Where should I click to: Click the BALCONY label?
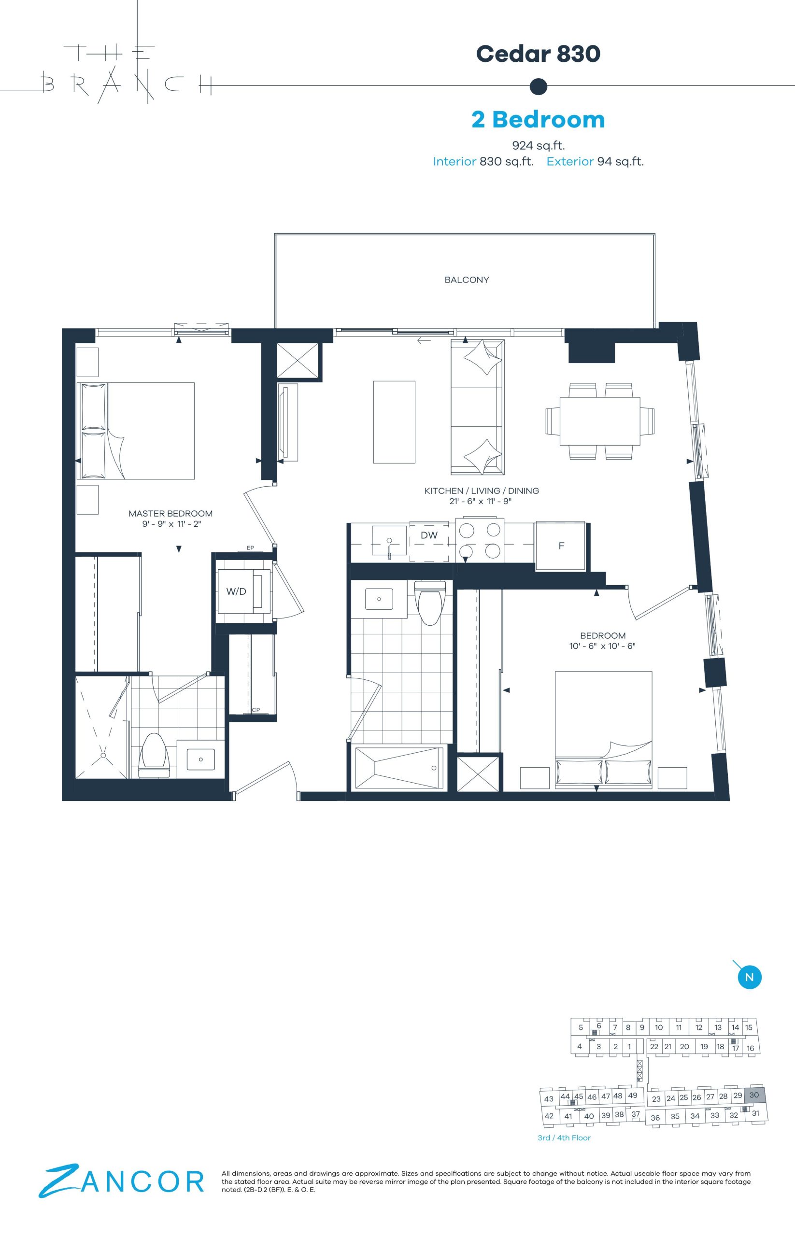pyautogui.click(x=467, y=280)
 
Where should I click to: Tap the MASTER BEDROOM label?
pyautogui.click(x=170, y=514)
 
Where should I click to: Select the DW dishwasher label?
pyautogui.click(x=429, y=535)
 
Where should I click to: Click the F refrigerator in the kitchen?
pyautogui.click(x=561, y=546)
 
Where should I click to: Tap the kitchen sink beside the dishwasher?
pyautogui.click(x=390, y=541)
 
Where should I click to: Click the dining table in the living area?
pyautogui.click(x=600, y=421)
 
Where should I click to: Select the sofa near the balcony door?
pyautogui.click(x=478, y=407)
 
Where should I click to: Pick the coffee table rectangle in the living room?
pyautogui.click(x=395, y=422)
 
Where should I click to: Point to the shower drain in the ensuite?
pyautogui.click(x=103, y=756)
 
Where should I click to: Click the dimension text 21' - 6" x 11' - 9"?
pyautogui.click(x=481, y=501)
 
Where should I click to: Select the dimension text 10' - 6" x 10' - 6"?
pyautogui.click(x=602, y=646)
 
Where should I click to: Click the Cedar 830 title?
pyautogui.click(x=538, y=54)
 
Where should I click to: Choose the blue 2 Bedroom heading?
pyautogui.click(x=538, y=119)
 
